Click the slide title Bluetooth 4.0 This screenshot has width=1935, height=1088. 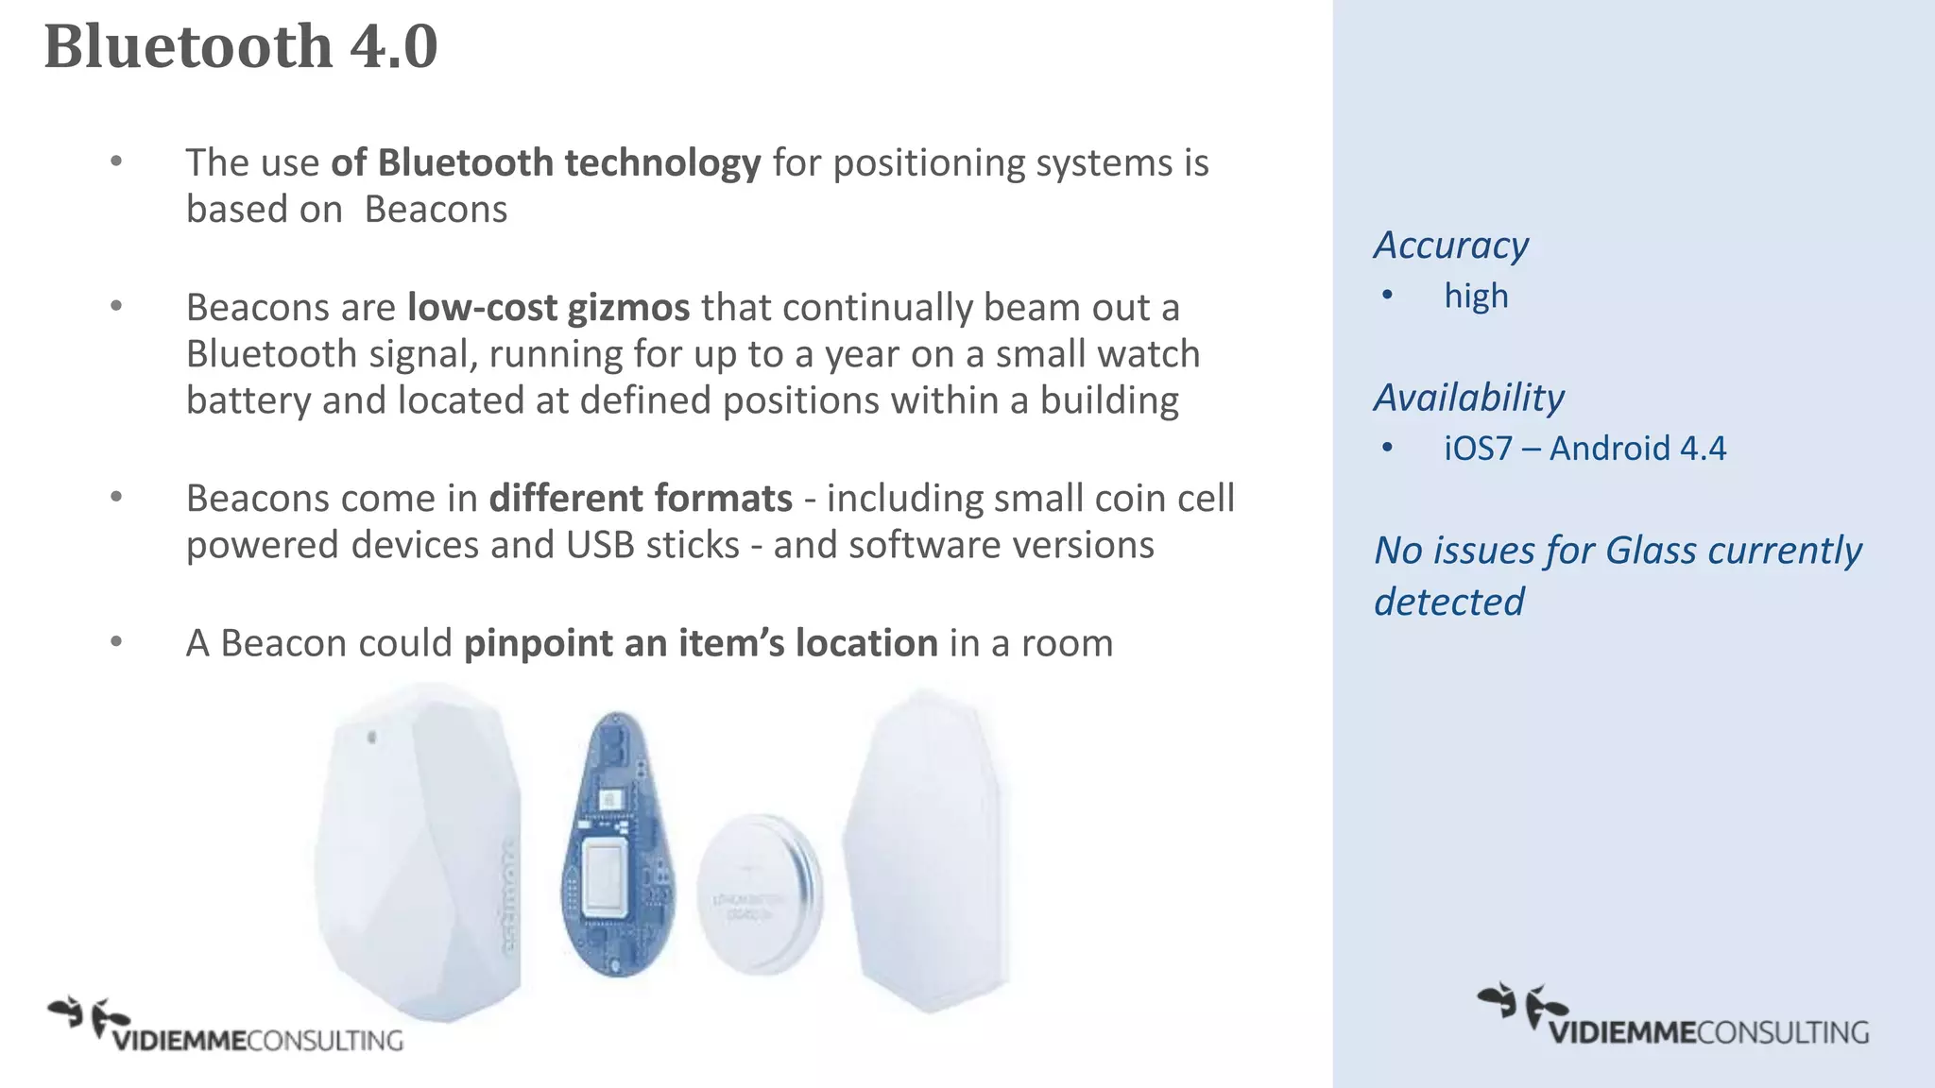241,46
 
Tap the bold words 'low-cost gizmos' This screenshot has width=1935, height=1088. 548,308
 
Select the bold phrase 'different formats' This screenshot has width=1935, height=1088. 641,499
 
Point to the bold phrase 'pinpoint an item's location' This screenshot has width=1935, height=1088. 700,643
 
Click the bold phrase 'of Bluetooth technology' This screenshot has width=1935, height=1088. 545,163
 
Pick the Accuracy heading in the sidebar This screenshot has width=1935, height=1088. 1450,246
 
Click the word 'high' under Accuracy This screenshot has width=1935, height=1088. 1476,297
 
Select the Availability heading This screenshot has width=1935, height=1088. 1468,398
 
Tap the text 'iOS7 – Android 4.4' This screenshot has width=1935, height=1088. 1584,449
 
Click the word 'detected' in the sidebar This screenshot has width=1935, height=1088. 1448,603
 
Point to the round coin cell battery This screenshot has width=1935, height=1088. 759,893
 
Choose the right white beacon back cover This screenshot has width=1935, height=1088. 926,850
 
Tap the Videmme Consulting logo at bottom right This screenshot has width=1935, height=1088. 1672,1017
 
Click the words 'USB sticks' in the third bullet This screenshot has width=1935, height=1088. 653,546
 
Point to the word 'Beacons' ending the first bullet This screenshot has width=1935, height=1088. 436,210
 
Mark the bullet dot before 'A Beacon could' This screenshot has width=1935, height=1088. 116,642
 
